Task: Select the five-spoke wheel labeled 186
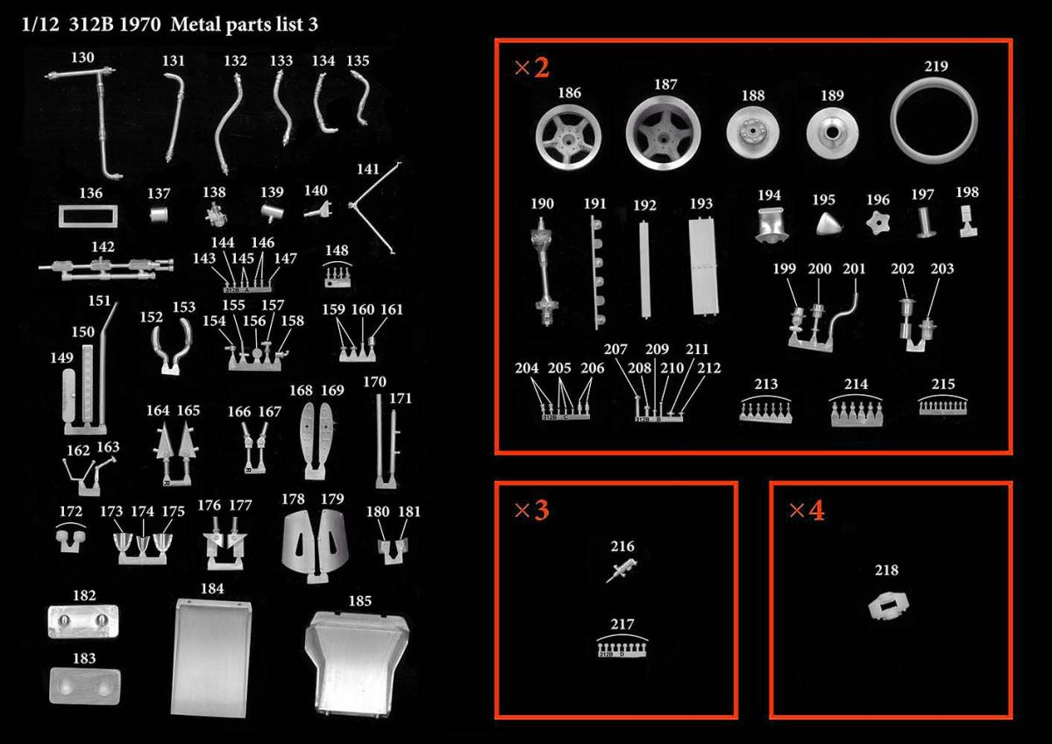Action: [x=569, y=137]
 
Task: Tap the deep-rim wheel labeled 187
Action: [x=663, y=134]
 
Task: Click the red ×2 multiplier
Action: [x=531, y=67]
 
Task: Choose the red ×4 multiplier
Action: [x=807, y=510]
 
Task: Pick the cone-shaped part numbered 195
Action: [x=828, y=223]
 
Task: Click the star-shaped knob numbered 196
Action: [x=878, y=223]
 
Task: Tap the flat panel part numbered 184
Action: [x=210, y=657]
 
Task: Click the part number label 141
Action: [x=367, y=169]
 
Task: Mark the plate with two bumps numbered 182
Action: [x=83, y=621]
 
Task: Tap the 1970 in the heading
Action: [x=140, y=25]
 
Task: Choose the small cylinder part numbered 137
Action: [x=159, y=216]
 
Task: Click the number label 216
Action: [x=622, y=546]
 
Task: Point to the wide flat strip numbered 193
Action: [x=703, y=266]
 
